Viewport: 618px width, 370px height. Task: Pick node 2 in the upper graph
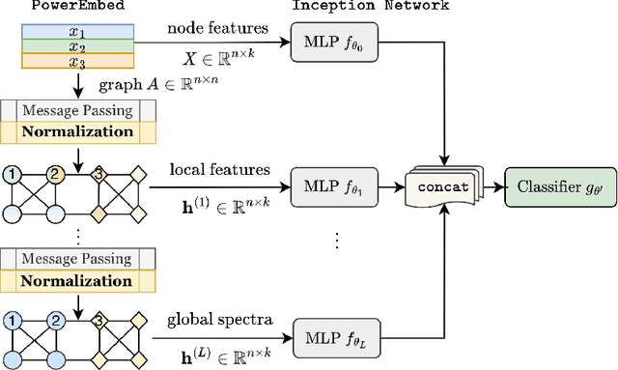[55, 174]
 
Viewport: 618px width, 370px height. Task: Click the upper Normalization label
[77, 130]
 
